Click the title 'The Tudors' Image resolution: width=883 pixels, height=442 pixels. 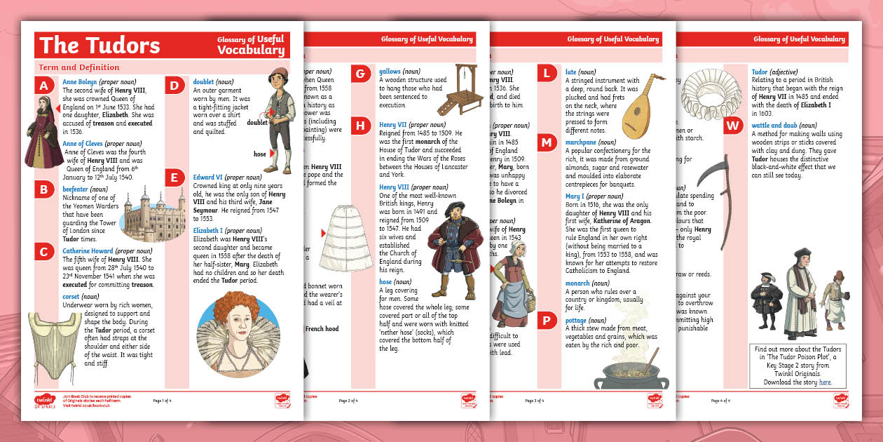(100, 45)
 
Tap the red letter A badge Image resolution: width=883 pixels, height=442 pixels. (44, 86)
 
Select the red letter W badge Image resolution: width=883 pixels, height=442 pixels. (733, 126)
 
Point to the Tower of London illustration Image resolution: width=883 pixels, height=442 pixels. (146, 215)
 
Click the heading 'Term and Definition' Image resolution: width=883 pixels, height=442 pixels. (79, 67)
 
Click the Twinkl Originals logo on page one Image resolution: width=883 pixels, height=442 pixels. (44, 401)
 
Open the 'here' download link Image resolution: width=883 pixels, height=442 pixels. (826, 382)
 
